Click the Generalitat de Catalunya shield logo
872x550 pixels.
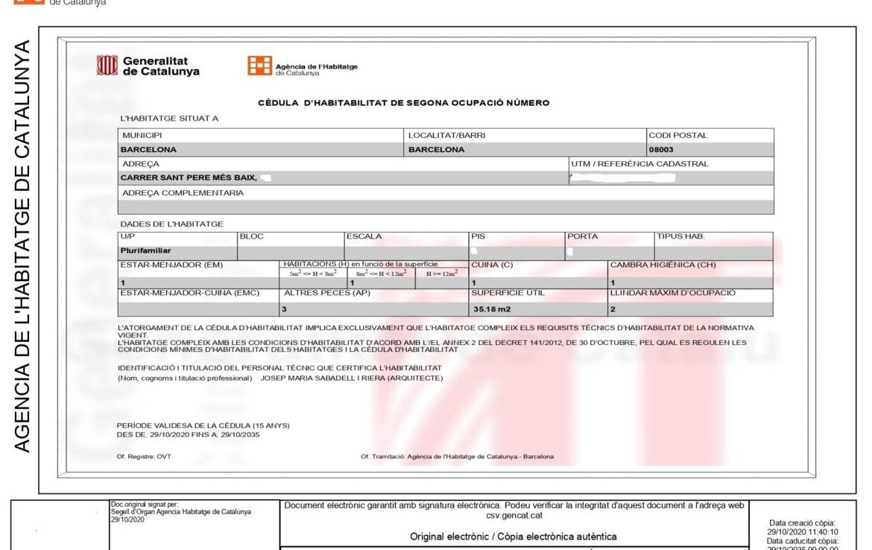107,66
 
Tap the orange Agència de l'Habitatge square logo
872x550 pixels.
259,66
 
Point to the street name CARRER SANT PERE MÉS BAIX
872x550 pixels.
189,177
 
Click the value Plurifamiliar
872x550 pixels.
145,250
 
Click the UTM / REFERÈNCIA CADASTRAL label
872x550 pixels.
639,163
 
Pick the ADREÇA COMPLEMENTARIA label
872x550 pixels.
183,192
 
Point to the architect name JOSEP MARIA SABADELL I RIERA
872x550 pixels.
351,378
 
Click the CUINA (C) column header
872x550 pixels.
492,265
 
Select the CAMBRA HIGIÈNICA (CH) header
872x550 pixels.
663,265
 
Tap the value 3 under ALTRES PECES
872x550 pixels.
283,308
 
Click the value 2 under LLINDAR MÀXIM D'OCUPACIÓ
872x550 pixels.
613,308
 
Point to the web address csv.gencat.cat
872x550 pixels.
514,515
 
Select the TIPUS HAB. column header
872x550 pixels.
680,236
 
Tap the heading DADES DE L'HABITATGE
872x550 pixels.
171,224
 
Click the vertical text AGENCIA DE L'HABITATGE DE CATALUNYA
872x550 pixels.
22,246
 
